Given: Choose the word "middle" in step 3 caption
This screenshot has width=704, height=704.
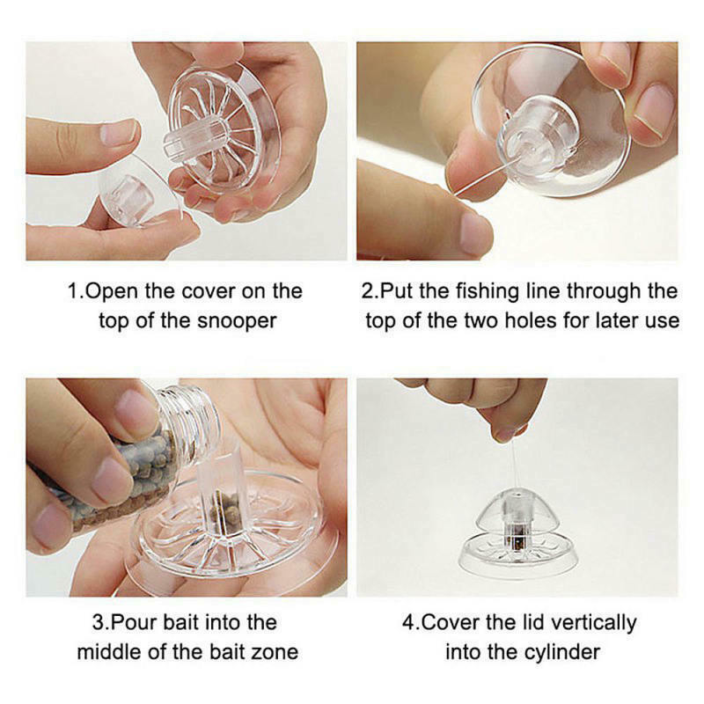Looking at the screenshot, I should click(108, 652).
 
